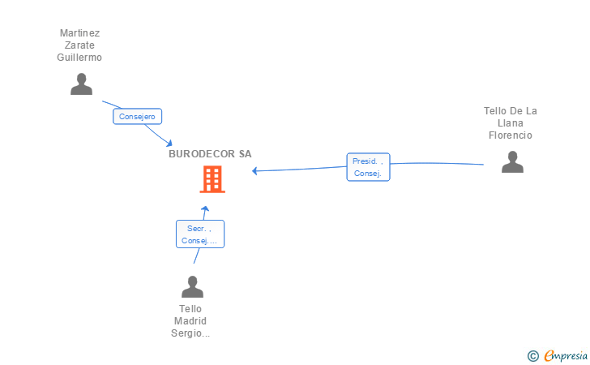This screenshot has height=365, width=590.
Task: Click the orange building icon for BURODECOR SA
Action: (212, 179)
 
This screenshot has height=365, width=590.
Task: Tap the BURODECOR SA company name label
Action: (210, 154)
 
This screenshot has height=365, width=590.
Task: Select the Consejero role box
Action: (137, 117)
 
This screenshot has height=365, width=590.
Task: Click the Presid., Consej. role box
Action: (368, 167)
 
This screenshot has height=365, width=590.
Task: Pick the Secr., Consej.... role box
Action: (199, 234)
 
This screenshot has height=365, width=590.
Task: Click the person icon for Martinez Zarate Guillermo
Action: (81, 84)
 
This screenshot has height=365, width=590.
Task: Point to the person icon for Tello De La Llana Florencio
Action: (512, 162)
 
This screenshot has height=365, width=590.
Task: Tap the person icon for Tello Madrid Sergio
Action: (192, 287)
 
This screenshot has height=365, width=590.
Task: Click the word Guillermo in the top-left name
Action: (79, 58)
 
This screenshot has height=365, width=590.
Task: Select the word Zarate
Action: (79, 45)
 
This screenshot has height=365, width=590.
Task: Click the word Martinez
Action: (79, 33)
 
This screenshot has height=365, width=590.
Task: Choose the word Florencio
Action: (511, 135)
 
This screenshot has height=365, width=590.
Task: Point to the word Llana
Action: (511, 123)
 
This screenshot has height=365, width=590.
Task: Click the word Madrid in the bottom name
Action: (190, 321)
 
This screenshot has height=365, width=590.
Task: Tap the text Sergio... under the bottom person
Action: (190, 333)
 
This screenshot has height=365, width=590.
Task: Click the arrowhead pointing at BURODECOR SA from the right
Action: (255, 170)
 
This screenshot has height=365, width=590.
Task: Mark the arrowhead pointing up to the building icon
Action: (205, 208)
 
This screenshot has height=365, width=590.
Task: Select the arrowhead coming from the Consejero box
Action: (168, 143)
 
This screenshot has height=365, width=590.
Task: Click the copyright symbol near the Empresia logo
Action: (532, 355)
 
